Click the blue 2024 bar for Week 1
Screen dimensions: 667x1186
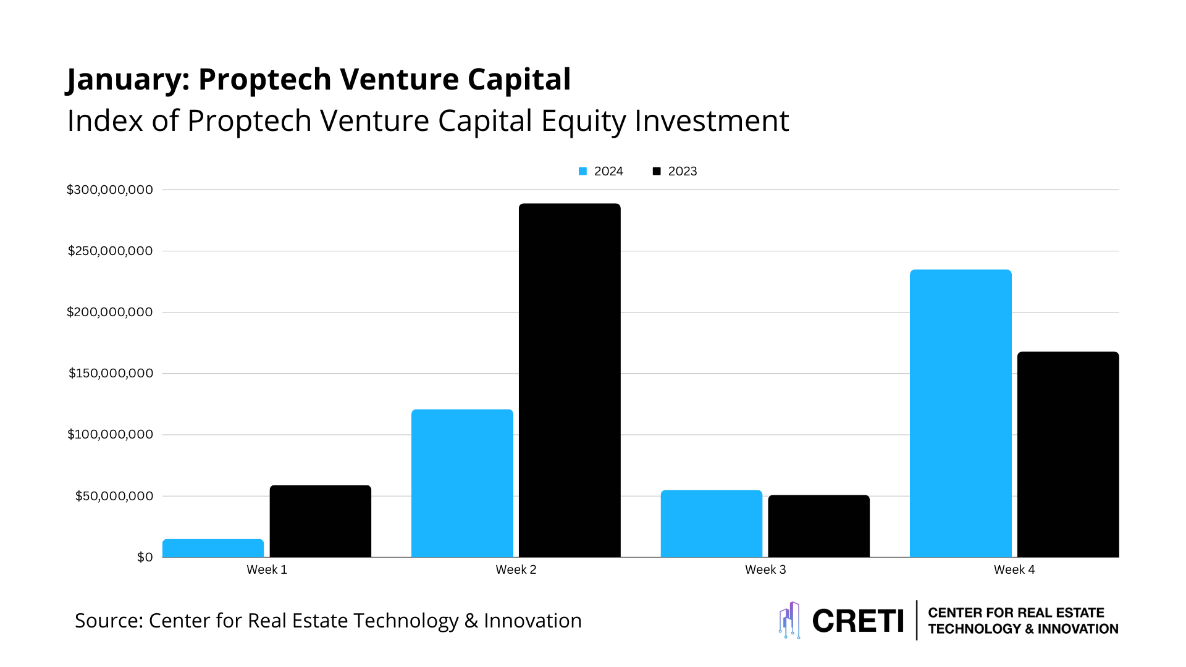click(213, 548)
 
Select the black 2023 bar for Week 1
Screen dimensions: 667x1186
click(320, 521)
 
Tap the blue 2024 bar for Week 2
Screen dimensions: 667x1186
click(462, 483)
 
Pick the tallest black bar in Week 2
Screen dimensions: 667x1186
click(570, 380)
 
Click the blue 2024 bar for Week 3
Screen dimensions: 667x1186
click(711, 524)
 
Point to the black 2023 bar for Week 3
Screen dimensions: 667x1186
click(818, 526)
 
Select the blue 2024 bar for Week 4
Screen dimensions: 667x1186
click(961, 413)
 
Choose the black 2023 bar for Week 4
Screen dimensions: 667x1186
click(1068, 455)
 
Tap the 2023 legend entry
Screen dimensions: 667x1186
click(675, 171)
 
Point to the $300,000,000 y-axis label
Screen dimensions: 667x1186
click(110, 190)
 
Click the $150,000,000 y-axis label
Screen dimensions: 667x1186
click(111, 373)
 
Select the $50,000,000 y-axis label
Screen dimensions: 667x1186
click(114, 496)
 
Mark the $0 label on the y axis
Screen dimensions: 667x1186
click(145, 557)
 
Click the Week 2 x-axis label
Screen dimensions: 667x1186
click(516, 569)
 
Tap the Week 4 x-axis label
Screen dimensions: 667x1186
click(1014, 569)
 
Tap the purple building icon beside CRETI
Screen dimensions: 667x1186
click(789, 620)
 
